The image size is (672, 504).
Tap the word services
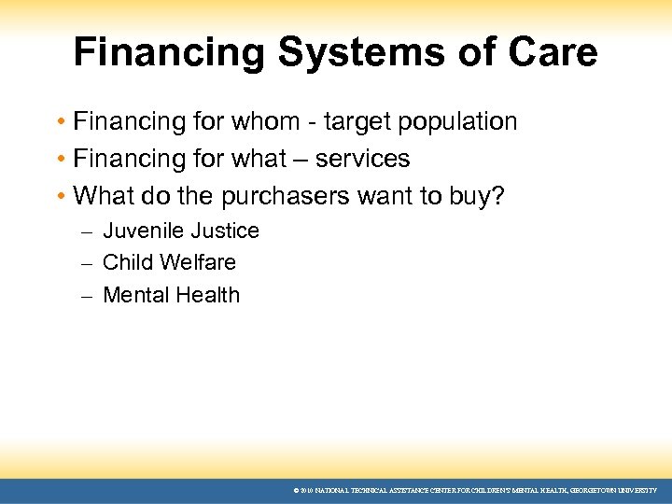click(362, 159)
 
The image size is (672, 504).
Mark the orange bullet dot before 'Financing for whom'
click(60, 122)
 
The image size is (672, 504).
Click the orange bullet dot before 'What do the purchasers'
click(60, 197)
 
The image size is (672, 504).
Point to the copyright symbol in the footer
click(296, 490)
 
